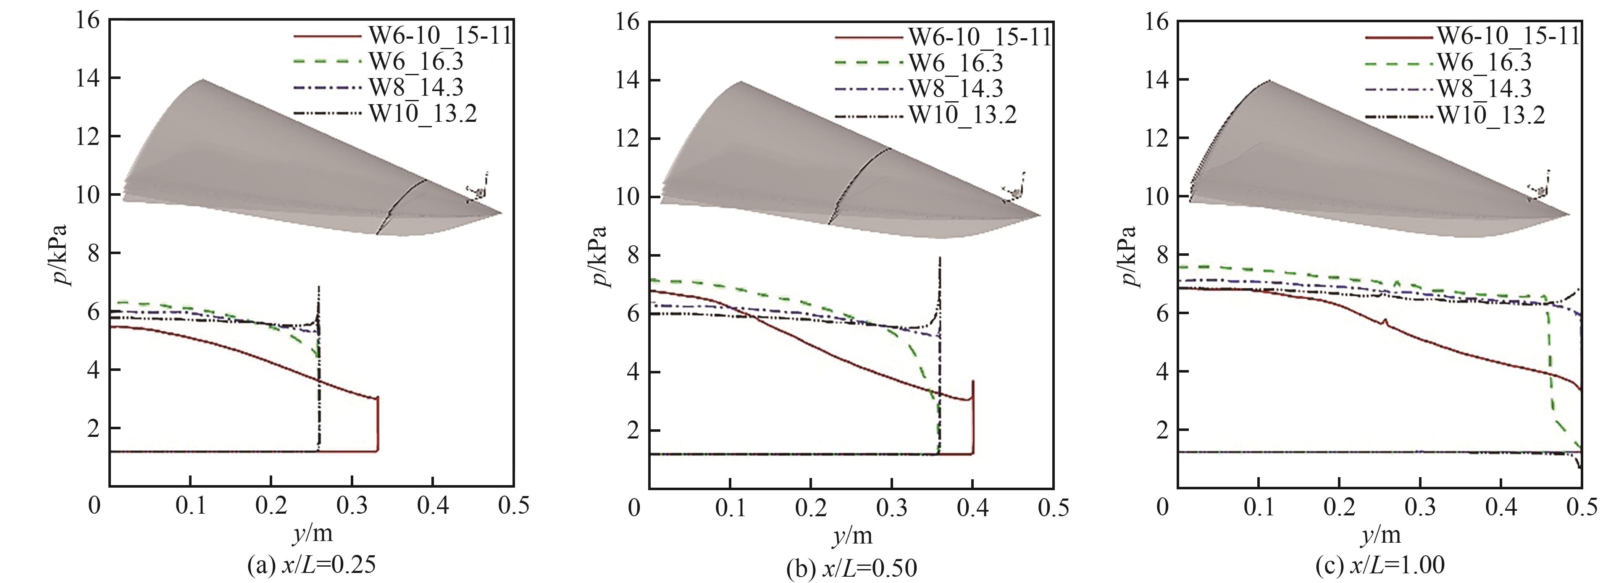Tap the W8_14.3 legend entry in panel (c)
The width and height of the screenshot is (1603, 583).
(x=1484, y=88)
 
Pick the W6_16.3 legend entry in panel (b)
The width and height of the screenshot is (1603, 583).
(x=956, y=63)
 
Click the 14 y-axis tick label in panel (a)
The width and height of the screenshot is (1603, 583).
(x=88, y=79)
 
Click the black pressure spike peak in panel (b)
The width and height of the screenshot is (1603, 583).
(x=940, y=257)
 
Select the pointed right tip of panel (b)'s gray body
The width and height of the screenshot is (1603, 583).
(x=1040, y=216)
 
